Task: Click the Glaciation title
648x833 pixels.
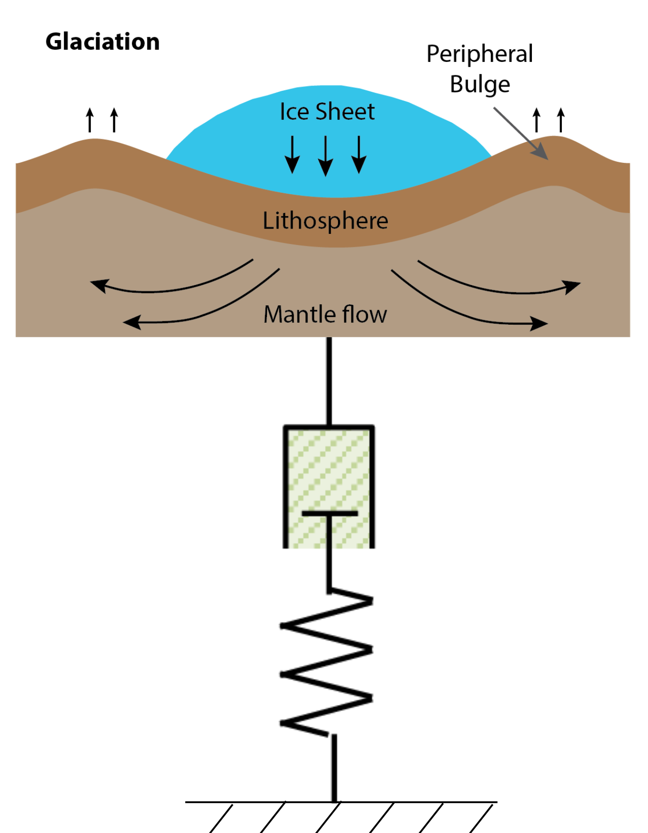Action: [x=103, y=42]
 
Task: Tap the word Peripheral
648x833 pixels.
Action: [x=480, y=54]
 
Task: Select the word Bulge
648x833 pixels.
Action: [x=480, y=85]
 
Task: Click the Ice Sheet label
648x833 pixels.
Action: [x=327, y=112]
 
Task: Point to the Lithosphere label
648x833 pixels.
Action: [x=325, y=221]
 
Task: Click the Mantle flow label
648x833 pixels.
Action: [x=325, y=314]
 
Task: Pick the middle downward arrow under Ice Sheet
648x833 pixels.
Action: [x=325, y=156]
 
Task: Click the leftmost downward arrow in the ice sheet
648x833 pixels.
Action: [x=292, y=155]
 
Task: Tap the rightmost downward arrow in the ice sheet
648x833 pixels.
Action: [x=359, y=155]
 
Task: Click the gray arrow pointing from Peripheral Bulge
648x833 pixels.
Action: [x=521, y=133]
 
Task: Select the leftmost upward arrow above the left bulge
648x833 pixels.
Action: [x=90, y=120]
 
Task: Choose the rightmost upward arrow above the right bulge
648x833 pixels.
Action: [x=561, y=120]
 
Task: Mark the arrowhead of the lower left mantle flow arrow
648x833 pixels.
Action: [x=132, y=322]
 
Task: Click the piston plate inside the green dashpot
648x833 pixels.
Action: [x=330, y=513]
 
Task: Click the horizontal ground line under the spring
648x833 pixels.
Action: [x=341, y=802]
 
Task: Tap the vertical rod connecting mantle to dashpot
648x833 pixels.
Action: [x=329, y=381]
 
